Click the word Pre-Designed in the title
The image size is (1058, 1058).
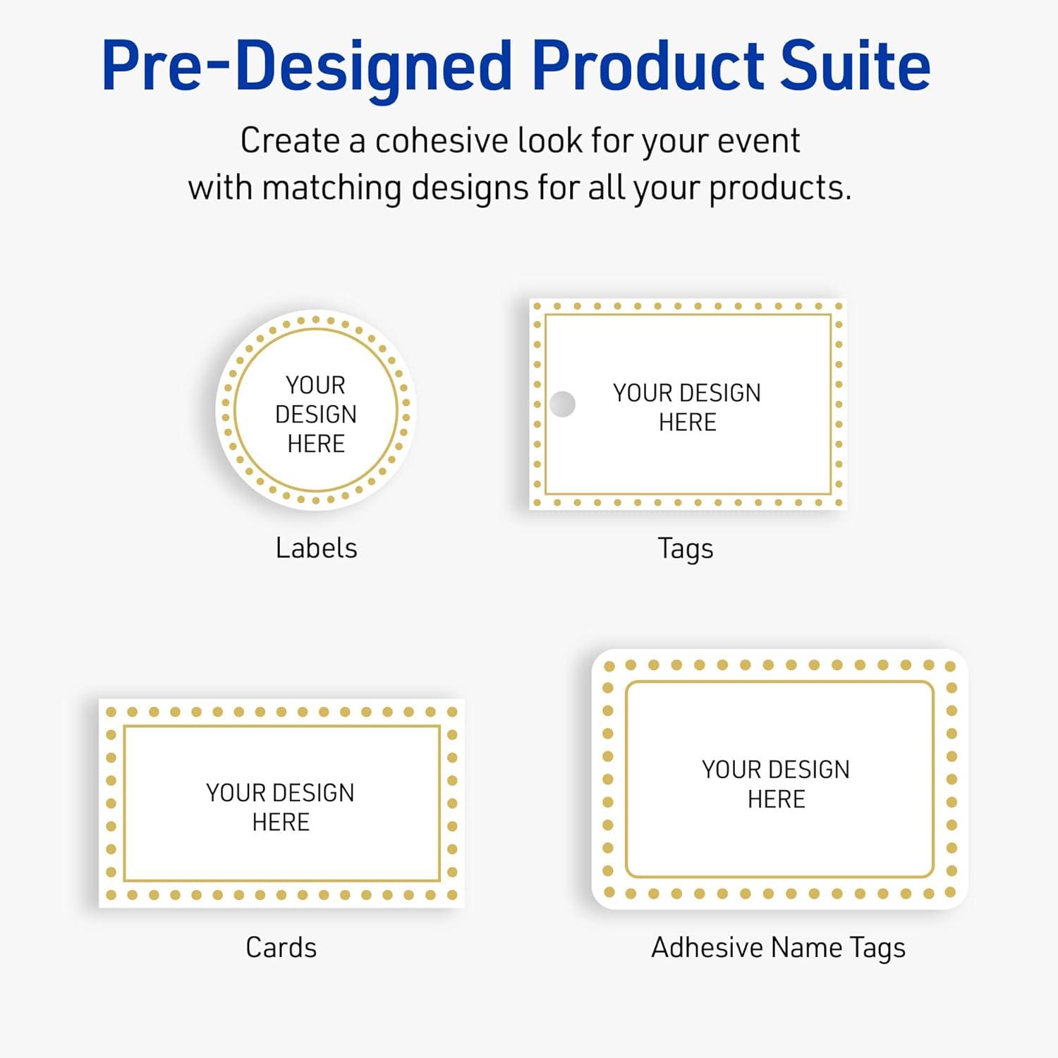306,67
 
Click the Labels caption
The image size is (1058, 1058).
316,548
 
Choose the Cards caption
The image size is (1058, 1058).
281,947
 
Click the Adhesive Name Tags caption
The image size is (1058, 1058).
778,948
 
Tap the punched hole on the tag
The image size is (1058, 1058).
562,404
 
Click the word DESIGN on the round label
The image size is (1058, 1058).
316,414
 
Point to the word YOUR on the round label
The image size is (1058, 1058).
315,385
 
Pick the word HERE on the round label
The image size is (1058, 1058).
316,444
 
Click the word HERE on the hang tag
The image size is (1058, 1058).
688,422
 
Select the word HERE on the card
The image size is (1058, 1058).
281,822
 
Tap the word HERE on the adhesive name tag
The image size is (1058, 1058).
777,799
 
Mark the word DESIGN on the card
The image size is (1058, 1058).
315,793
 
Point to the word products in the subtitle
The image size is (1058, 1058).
779,188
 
